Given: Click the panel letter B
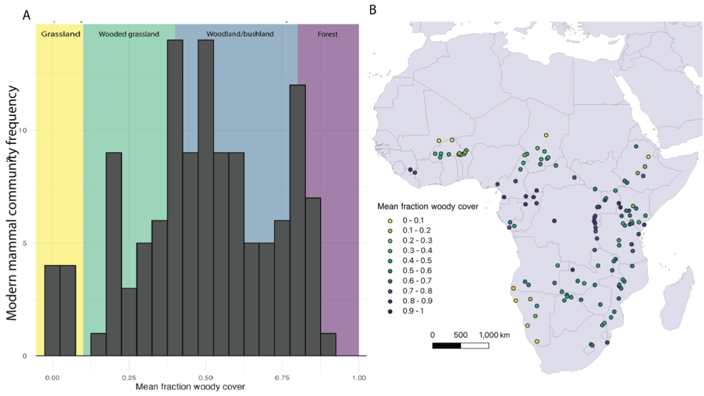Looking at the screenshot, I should click(x=373, y=10).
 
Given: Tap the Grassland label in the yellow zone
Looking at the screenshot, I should click(x=61, y=34).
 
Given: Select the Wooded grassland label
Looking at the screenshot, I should click(x=129, y=34).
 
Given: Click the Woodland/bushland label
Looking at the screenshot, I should click(x=240, y=34).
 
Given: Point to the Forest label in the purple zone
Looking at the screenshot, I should click(x=327, y=35).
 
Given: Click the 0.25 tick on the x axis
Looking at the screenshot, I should click(x=129, y=378).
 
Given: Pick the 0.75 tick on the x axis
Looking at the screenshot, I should click(x=282, y=378).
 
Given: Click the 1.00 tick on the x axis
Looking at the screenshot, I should click(x=359, y=378).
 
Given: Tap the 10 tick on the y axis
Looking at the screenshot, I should click(x=24, y=130).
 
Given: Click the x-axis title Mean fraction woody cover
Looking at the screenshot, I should click(x=190, y=387).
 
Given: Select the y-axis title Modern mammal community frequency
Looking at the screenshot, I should click(x=12, y=202).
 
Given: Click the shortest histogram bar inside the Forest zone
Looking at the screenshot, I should click(x=328, y=345).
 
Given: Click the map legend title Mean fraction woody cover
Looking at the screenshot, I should click(x=428, y=207).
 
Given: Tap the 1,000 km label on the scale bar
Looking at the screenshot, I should click(x=494, y=335).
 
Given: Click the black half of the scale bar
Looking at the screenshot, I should click(x=446, y=346).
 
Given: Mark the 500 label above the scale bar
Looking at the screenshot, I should click(x=461, y=335).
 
